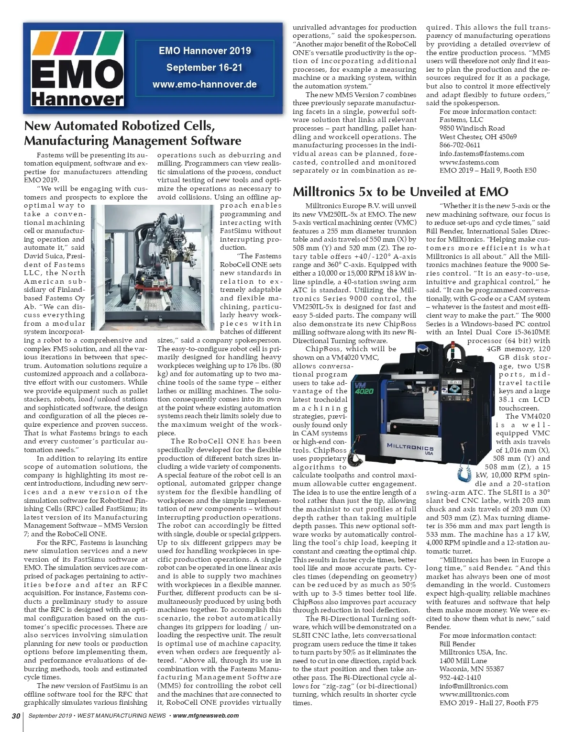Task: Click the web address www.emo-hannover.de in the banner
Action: coord(205,85)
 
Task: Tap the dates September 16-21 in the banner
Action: coord(205,67)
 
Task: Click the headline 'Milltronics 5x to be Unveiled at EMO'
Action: coord(400,192)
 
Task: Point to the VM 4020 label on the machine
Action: coord(364,387)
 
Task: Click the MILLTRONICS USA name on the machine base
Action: coord(410,448)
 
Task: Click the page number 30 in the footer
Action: coord(16,716)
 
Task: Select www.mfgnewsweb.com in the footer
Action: coord(206,716)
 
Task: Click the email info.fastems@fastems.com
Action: coord(482,154)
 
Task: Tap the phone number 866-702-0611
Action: coord(460,145)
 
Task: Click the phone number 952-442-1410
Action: coord(460,677)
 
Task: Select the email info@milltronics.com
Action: coord(474,686)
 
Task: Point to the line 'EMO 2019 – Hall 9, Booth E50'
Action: coord(488,170)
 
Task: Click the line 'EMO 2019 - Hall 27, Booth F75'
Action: coord(488,703)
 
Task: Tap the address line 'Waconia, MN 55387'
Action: coord(471,669)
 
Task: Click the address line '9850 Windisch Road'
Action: coord(472,128)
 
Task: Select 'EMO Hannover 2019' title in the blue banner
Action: coord(205,51)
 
